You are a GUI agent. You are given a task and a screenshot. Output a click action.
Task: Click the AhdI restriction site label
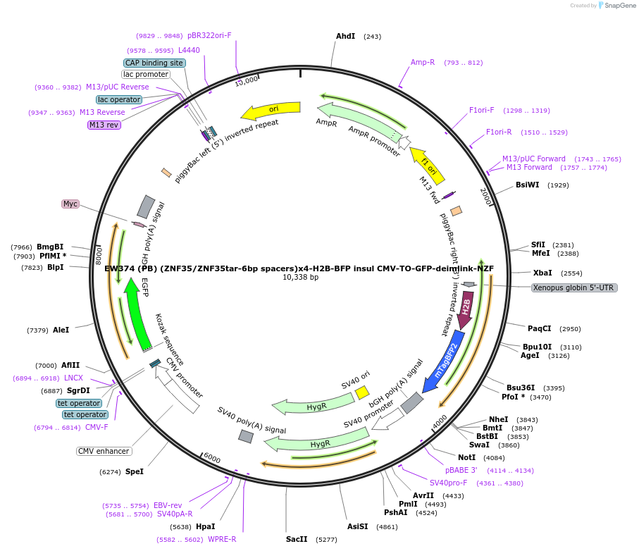pyautogui.click(x=345, y=36)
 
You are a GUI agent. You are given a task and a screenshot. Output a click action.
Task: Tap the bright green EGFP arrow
pyautogui.click(x=135, y=310)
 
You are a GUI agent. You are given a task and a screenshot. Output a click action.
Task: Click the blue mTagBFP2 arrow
pyautogui.click(x=444, y=360)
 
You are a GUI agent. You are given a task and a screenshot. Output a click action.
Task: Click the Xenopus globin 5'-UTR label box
pyautogui.click(x=574, y=287)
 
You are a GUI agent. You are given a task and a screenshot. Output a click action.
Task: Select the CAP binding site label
pyautogui.click(x=154, y=63)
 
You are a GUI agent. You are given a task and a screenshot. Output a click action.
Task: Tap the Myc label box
pyautogui.click(x=70, y=204)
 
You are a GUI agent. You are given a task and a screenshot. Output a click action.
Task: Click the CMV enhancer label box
pyautogui.click(x=104, y=451)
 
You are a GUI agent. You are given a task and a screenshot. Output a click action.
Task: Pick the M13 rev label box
pyautogui.click(x=104, y=125)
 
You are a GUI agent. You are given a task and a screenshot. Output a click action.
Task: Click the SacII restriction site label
pyautogui.click(x=297, y=539)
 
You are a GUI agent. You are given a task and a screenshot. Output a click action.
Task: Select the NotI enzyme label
pyautogui.click(x=466, y=457)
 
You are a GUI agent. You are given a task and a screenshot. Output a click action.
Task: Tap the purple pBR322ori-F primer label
pyautogui.click(x=209, y=35)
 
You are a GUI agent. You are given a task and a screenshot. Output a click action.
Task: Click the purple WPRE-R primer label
pyautogui.click(x=222, y=539)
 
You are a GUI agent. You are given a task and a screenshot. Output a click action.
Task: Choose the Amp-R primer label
pyautogui.click(x=423, y=62)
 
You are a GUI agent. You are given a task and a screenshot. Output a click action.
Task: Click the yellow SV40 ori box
pyautogui.click(x=362, y=392)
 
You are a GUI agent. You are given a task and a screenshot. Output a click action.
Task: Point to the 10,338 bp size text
pyautogui.click(x=300, y=278)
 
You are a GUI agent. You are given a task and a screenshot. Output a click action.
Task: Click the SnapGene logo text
pyautogui.click(x=618, y=6)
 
